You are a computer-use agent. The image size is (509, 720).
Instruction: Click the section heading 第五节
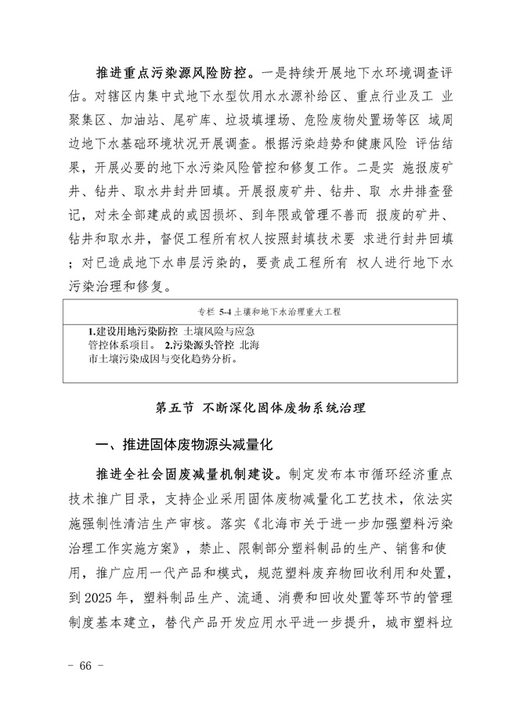[x=172, y=407]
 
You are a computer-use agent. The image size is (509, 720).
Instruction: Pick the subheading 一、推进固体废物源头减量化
[x=182, y=444]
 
